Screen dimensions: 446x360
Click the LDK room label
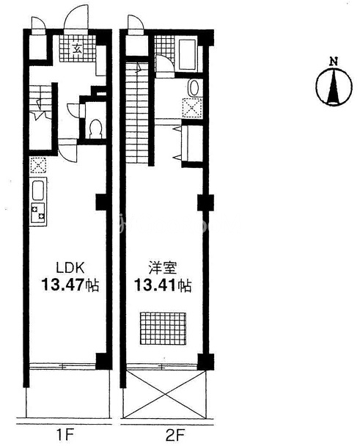pos(62,267)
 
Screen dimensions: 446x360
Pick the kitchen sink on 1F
pos(38,194)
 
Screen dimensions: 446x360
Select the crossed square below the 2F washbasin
pos(194,107)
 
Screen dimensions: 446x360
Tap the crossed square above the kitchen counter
pos(37,164)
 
